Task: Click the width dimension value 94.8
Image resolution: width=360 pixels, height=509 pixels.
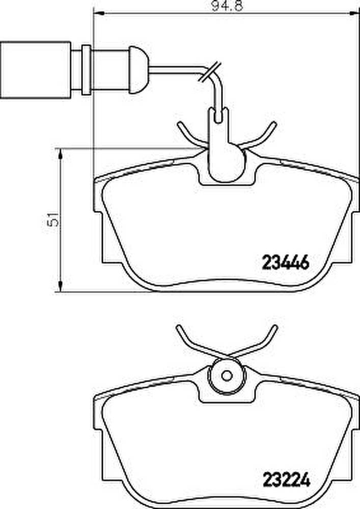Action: [227, 6]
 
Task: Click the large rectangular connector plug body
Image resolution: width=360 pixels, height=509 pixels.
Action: [36, 69]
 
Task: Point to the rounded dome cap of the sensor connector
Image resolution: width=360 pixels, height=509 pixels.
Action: [140, 69]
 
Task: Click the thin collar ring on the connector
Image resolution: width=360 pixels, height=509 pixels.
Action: [87, 69]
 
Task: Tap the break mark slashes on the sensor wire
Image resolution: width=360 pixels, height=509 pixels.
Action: [209, 72]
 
